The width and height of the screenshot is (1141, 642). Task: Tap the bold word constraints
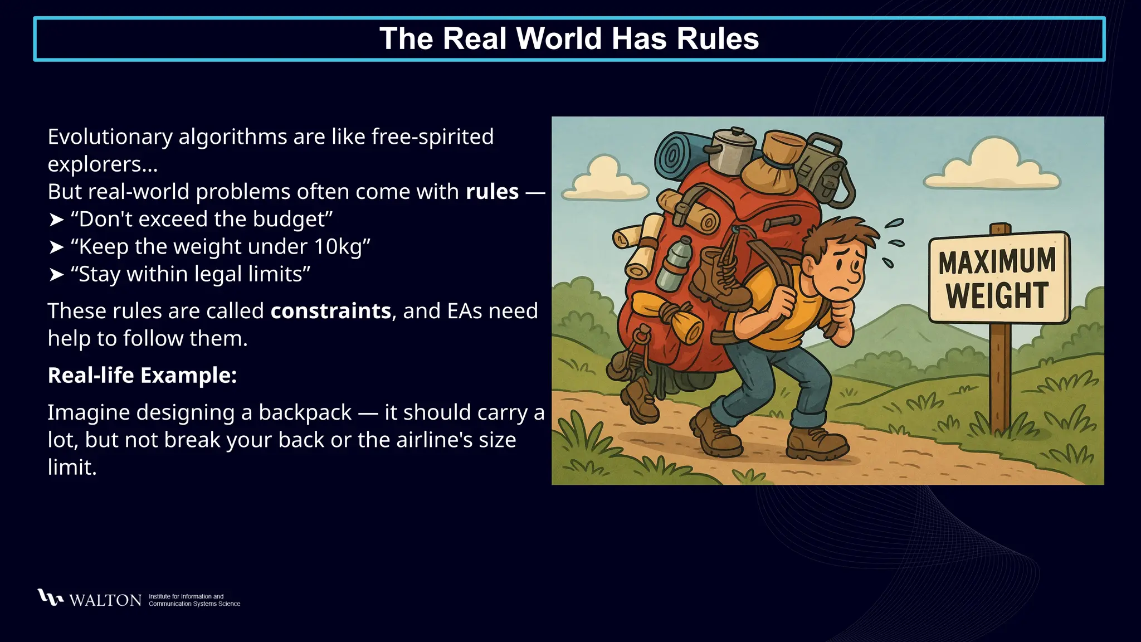(330, 311)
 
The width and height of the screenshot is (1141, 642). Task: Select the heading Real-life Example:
(142, 376)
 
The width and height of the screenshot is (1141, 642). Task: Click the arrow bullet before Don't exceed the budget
(56, 220)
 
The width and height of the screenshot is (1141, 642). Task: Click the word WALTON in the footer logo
(105, 600)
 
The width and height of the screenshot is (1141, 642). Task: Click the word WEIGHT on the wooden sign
(997, 295)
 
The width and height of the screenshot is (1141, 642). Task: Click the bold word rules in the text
(492, 192)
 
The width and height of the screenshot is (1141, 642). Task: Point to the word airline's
(412, 440)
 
